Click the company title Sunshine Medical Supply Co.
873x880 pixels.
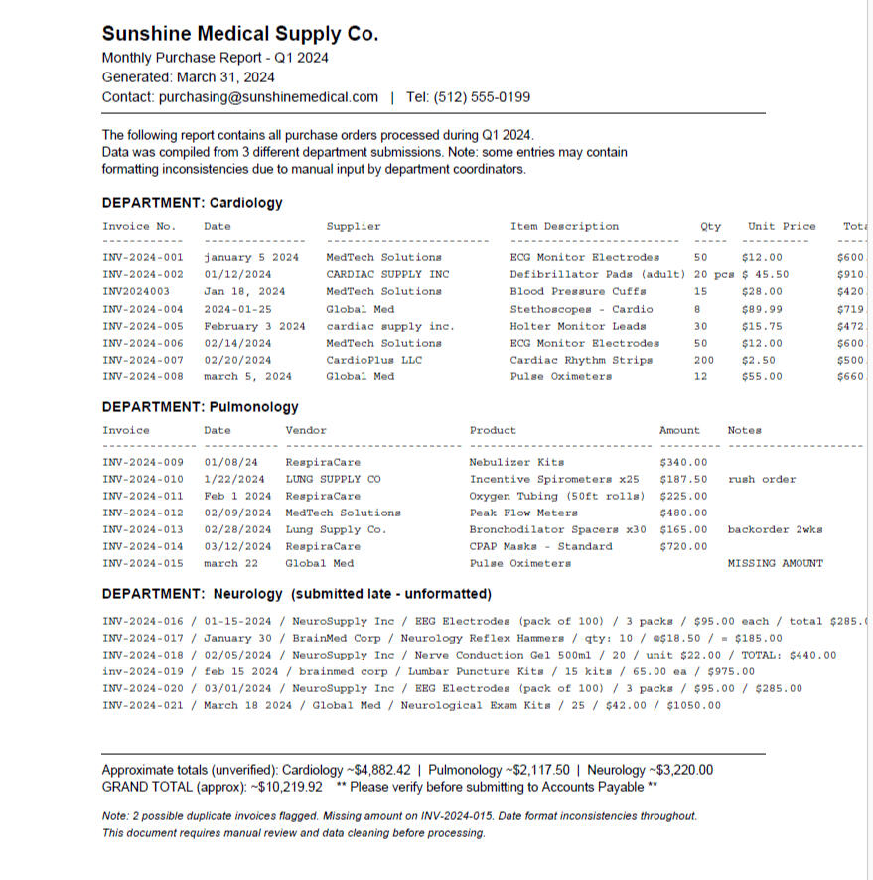[239, 34]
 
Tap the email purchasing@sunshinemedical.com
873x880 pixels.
[268, 97]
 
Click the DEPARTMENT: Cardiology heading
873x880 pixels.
[192, 203]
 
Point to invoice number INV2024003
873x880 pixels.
[136, 292]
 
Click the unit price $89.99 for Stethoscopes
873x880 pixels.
[762, 309]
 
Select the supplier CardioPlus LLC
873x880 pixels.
[374, 360]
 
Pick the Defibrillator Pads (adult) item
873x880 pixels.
[597, 275]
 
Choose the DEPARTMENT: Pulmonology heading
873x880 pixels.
[200, 407]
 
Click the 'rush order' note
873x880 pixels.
[762, 479]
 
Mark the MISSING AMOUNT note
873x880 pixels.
[775, 563]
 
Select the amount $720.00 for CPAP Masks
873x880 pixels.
[683, 546]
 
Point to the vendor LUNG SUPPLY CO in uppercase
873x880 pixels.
[333, 479]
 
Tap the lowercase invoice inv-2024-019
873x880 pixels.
[143, 671]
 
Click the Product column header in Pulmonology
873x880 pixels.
[493, 430]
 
